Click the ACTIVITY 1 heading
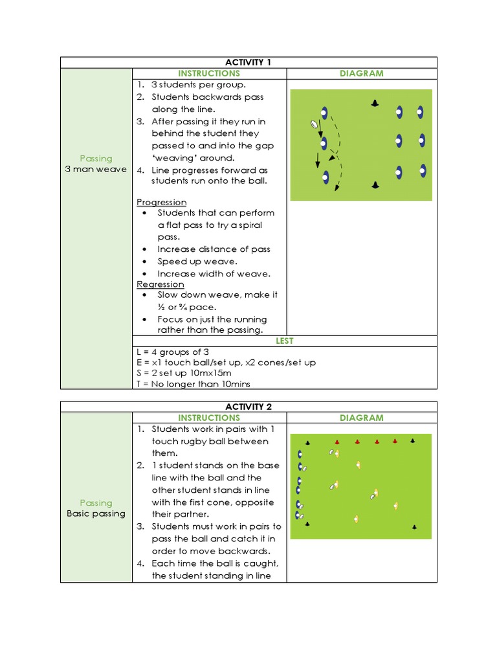point(248,62)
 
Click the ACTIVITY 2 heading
point(248,407)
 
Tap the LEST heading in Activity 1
point(285,341)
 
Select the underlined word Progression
point(162,202)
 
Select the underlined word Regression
point(160,284)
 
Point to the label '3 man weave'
point(96,170)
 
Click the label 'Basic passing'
point(96,514)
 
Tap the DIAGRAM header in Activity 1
point(361,74)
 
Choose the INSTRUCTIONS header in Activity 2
point(209,418)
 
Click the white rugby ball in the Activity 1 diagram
point(315,124)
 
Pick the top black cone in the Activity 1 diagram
point(375,104)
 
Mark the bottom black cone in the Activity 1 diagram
point(375,186)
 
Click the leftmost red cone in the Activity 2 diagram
point(337,442)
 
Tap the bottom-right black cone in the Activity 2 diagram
point(414,527)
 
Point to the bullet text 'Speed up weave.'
point(197,262)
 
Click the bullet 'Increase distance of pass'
point(214,249)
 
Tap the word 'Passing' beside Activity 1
point(96,159)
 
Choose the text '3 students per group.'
point(199,85)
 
